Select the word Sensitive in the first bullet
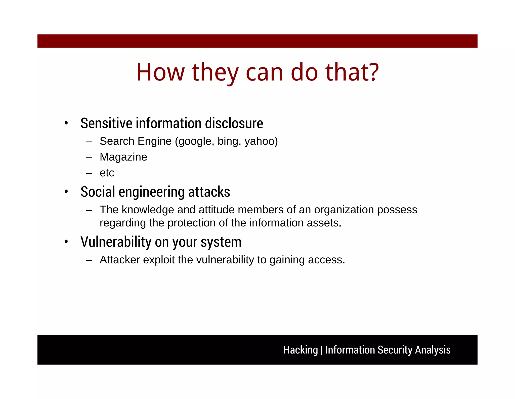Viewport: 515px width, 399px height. (x=106, y=123)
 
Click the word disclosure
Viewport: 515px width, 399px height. (x=234, y=123)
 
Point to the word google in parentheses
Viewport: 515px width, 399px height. (x=195, y=141)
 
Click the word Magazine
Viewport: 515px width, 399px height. (x=123, y=157)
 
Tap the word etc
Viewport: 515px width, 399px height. (x=107, y=173)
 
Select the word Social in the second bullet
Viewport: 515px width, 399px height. (x=98, y=192)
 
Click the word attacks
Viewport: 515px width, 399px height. (x=209, y=192)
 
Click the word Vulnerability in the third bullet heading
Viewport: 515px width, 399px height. (x=116, y=242)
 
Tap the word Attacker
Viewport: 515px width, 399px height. (x=120, y=260)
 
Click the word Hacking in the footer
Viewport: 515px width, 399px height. (x=301, y=350)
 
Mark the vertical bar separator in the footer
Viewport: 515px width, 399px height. (x=322, y=350)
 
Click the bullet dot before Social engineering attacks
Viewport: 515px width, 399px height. (x=66, y=192)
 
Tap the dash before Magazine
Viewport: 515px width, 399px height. (x=89, y=158)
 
